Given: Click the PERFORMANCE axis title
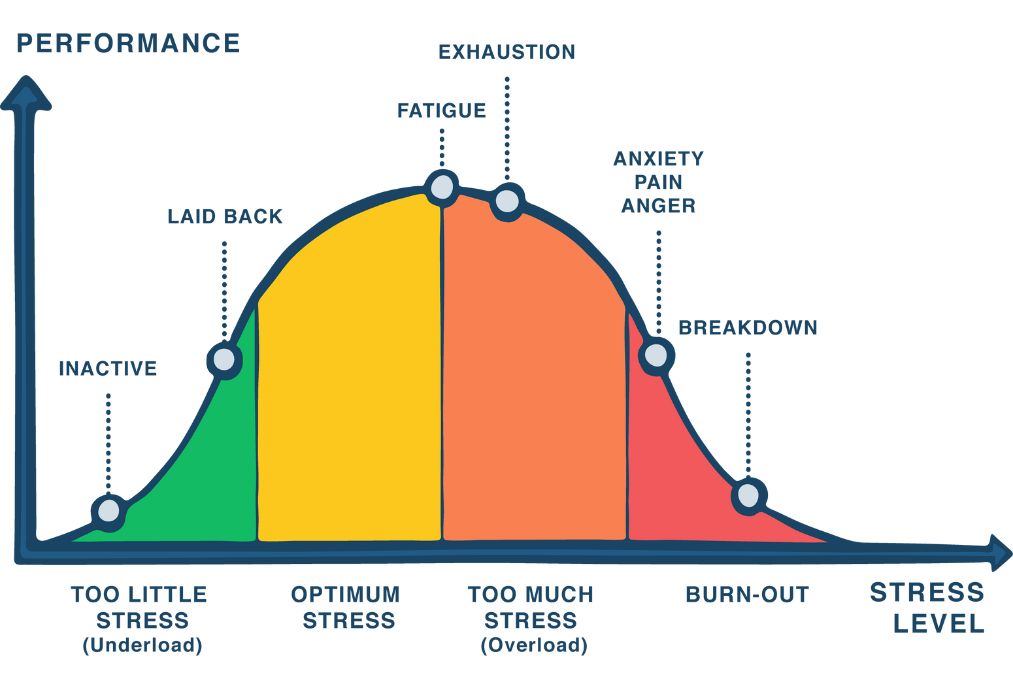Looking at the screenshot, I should pos(128,43).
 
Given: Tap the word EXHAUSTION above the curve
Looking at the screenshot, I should pos(507,51).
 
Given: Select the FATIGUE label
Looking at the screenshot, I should pos(441,110).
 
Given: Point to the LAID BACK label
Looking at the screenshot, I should pos(225,216).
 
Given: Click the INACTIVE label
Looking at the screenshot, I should pos(108,368).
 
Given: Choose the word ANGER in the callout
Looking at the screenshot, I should pos(658,206).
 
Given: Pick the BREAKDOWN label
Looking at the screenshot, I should pos(748,327).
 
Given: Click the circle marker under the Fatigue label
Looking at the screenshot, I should pos(441,187).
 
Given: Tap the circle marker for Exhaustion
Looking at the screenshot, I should pos(507,201).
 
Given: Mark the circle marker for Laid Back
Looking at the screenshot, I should pos(225,359).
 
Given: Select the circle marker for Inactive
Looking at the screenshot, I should pos(108,513).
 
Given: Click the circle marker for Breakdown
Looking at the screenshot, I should pos(748,495).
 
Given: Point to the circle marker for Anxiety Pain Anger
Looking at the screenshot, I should pos(656,354).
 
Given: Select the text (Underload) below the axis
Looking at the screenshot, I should pos(142,645).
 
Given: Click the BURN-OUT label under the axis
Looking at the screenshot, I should pos(747,595).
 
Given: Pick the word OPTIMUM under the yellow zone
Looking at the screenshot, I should pos(346,595).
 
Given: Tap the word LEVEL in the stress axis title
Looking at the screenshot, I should pos(938,625).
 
